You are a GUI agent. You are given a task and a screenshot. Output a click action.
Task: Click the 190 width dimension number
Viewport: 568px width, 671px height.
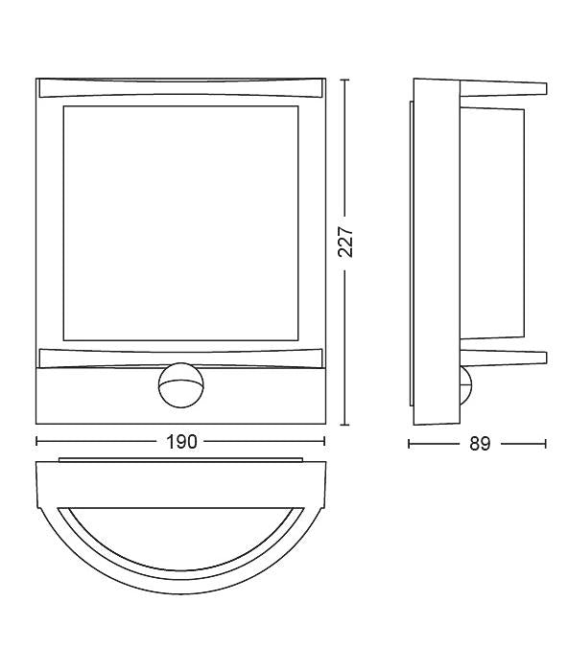[181, 442]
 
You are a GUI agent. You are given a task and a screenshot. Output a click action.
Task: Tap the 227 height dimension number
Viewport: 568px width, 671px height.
[346, 243]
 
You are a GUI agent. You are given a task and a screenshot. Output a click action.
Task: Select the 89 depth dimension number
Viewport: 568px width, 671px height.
[480, 444]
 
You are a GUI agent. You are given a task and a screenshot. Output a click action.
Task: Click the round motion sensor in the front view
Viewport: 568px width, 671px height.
[180, 385]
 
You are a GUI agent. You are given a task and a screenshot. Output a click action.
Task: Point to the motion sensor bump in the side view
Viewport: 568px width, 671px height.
[465, 383]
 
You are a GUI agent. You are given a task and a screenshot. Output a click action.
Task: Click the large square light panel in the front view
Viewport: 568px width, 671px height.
[180, 223]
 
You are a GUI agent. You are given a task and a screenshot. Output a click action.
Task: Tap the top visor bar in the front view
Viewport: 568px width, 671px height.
[180, 87]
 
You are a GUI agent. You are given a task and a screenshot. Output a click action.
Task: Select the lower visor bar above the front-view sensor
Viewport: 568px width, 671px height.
[180, 358]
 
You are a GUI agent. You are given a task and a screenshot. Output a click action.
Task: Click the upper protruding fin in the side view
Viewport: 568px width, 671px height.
[503, 89]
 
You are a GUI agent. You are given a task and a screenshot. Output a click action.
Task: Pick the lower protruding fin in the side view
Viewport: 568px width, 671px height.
[503, 358]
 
